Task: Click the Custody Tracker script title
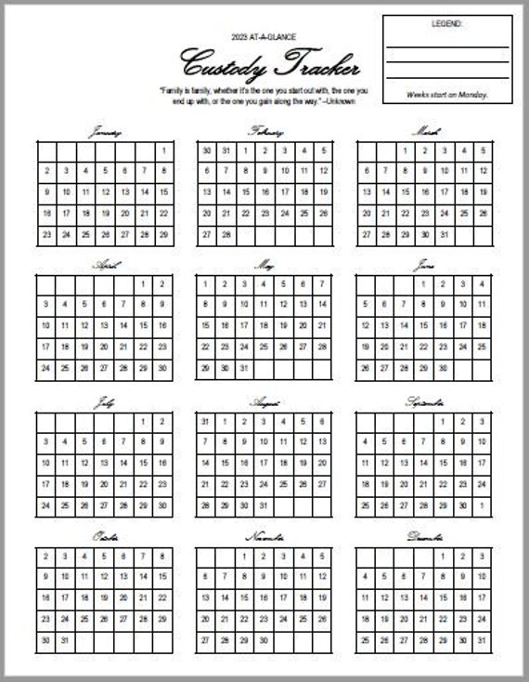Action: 264,65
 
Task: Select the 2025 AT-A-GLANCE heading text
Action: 264,35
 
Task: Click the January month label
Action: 105,132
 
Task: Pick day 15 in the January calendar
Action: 163,191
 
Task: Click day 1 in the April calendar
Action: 143,284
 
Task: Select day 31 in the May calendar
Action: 245,369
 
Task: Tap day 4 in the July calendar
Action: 66,440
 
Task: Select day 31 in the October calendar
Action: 66,639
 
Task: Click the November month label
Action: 264,537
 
